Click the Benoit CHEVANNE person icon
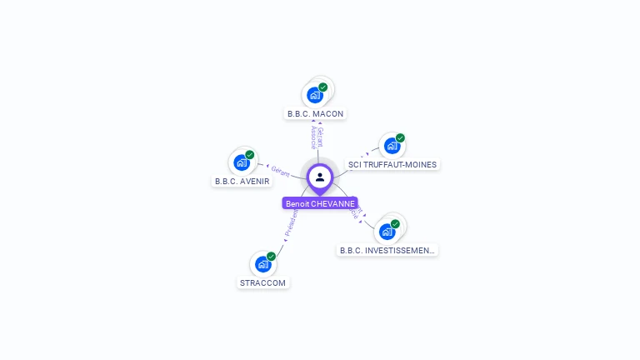(320, 177)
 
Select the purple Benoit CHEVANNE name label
(320, 203)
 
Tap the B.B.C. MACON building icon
(314, 94)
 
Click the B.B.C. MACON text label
(315, 113)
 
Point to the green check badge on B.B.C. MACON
(323, 87)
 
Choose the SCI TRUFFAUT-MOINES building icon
(391, 146)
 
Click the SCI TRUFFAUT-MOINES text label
(392, 165)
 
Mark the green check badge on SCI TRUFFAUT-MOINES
(400, 137)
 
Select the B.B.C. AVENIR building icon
(241, 162)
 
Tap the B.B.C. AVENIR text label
(242, 181)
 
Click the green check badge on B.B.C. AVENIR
(250, 155)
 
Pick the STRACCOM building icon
(262, 264)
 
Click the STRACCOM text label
(262, 282)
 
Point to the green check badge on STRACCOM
(271, 256)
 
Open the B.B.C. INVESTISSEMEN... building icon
(387, 231)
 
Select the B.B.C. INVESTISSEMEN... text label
(387, 250)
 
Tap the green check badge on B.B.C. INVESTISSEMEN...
(395, 223)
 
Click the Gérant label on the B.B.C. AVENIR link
(280, 171)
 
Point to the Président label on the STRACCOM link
(291, 224)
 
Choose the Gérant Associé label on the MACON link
(317, 137)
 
